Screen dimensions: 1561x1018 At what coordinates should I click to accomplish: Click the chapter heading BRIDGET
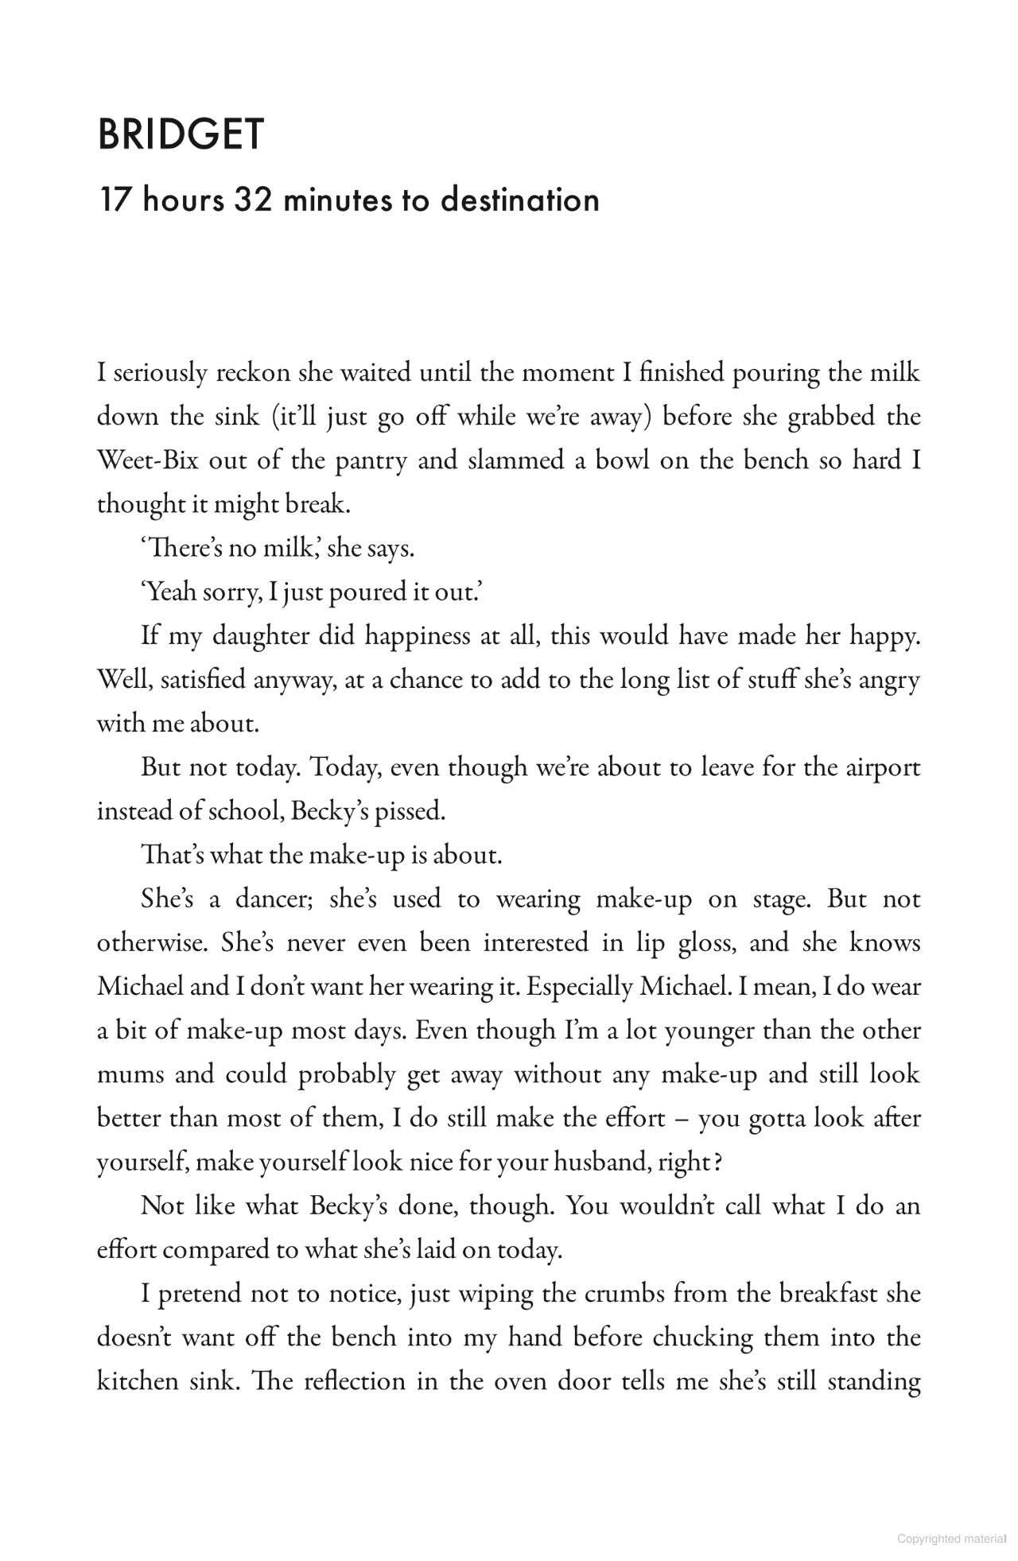pos(180,134)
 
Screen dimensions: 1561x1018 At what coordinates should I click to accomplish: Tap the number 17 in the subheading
pos(114,200)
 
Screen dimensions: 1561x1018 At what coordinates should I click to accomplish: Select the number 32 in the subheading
pos(254,200)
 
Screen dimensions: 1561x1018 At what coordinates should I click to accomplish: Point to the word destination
pos(519,200)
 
